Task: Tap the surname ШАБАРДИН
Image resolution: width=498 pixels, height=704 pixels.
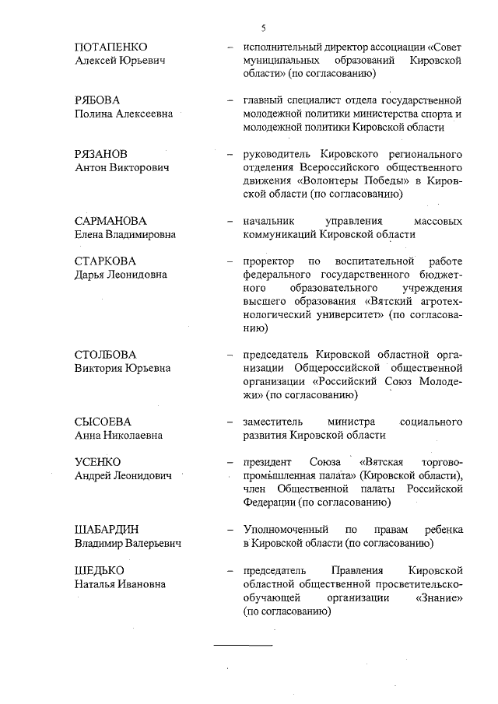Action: coord(106,529)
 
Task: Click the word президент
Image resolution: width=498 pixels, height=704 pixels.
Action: coord(269,462)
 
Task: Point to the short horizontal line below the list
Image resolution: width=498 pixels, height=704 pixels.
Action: coord(244,646)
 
